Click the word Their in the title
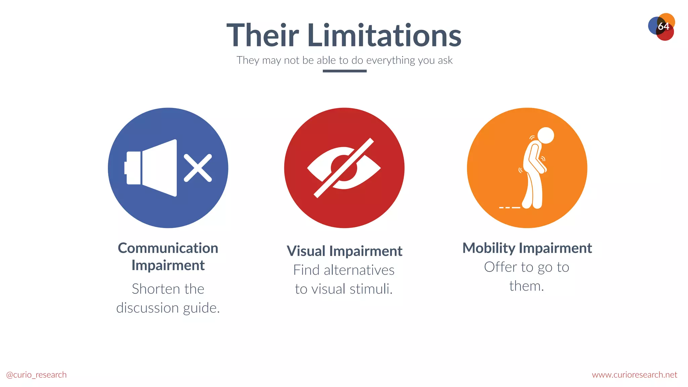click(263, 35)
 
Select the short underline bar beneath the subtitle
click(344, 71)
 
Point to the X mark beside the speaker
click(198, 168)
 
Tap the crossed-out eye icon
click(344, 168)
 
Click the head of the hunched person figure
click(545, 135)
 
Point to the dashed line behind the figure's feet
click(509, 208)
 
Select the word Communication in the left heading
click(168, 248)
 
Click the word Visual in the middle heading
click(306, 251)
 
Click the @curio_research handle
click(36, 375)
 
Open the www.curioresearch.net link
click(634, 375)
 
